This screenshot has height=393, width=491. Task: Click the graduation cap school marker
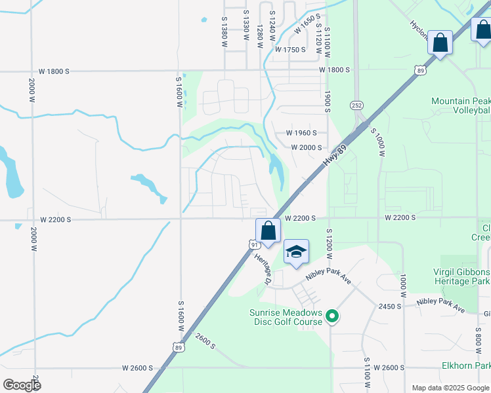point(296,252)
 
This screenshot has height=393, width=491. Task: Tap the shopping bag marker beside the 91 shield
point(268,231)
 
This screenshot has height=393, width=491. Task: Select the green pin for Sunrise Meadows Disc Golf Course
point(332,317)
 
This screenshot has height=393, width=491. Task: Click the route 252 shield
point(356,105)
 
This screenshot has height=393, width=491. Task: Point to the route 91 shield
point(253,244)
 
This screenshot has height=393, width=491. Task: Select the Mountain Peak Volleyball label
point(460,106)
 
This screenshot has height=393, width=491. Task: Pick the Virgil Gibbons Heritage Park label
point(461,276)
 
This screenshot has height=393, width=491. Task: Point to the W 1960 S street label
point(301,132)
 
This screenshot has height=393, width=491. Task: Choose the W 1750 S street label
point(291,50)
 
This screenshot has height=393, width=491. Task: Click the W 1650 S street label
point(309,26)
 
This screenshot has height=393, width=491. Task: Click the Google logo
point(22,385)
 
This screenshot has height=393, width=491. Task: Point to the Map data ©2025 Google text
point(450,388)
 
